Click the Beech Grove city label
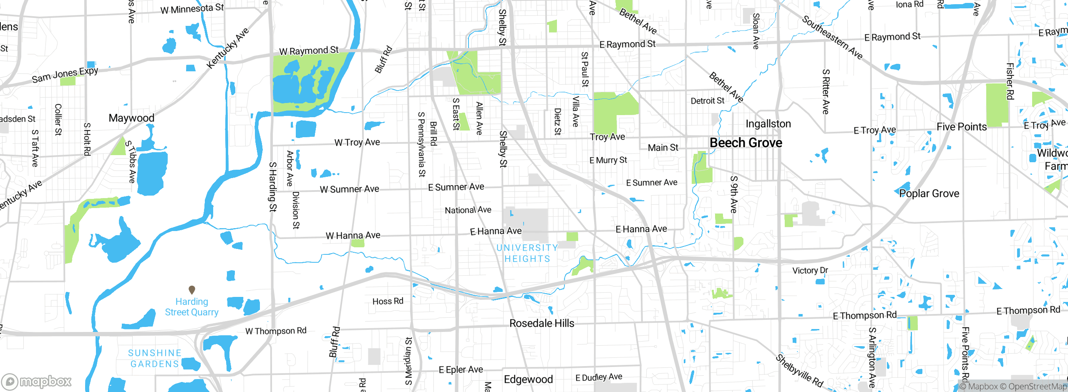point(746,143)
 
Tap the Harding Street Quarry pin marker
point(192,289)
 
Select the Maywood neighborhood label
point(131,118)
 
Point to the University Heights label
point(527,253)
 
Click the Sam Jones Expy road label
point(65,75)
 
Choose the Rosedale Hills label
point(542,323)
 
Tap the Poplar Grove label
point(929,193)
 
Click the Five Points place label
point(961,127)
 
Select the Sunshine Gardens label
point(154,358)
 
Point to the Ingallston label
point(768,124)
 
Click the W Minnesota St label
point(192,9)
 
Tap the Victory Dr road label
point(810,270)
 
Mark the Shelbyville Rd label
point(799,370)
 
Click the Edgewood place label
point(528,379)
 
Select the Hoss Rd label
point(388,301)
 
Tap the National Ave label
point(468,210)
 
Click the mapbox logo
point(37,381)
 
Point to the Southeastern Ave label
point(832,38)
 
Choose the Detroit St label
point(707,101)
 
